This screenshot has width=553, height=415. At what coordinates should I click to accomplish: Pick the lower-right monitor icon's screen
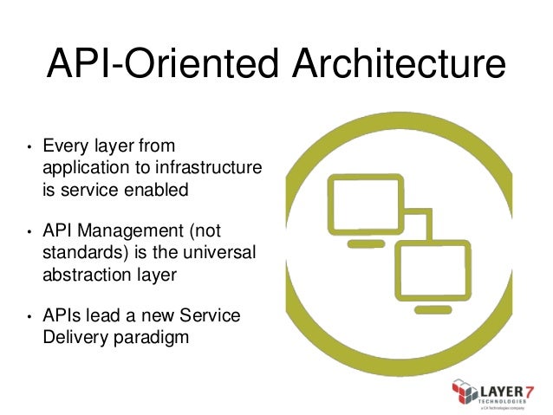pos(433,264)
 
